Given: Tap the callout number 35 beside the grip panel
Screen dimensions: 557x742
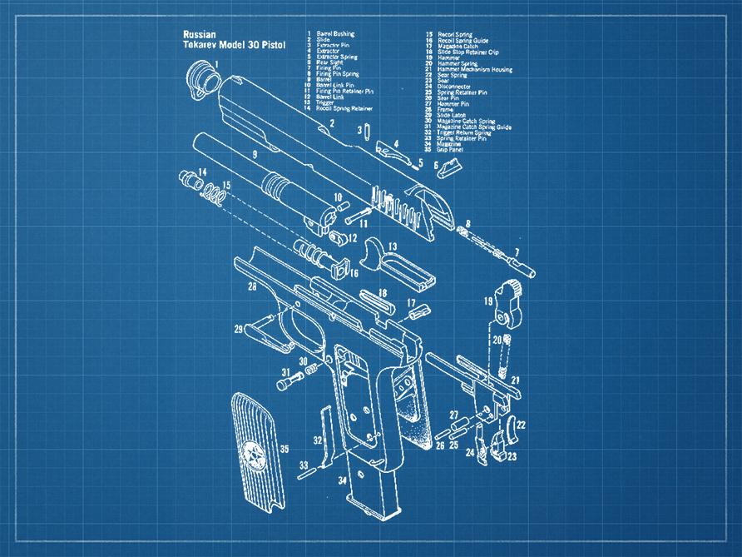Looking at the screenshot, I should (x=284, y=450).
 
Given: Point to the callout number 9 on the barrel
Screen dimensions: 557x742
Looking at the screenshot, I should (x=254, y=155).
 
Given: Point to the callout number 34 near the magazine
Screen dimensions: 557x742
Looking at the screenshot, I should (x=342, y=480).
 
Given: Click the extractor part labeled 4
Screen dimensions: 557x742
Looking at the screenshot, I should (x=387, y=149).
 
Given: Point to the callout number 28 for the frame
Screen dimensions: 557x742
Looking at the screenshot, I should (x=251, y=287).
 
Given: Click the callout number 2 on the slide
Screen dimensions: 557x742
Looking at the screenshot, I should (x=331, y=124).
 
